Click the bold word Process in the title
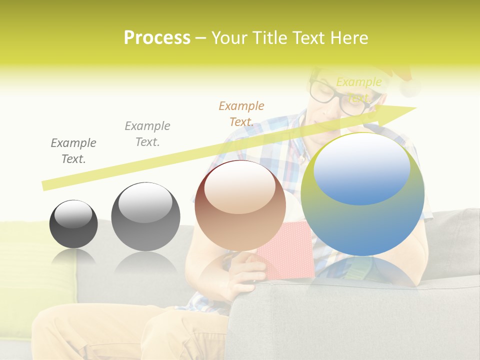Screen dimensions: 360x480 tap(157, 38)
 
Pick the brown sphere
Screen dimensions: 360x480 tap(240, 210)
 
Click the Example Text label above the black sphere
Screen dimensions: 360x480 tap(73, 151)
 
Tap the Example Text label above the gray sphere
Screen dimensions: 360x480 tap(147, 134)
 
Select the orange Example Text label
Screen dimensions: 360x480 tap(241, 114)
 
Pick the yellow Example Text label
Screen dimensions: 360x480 tap(359, 89)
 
